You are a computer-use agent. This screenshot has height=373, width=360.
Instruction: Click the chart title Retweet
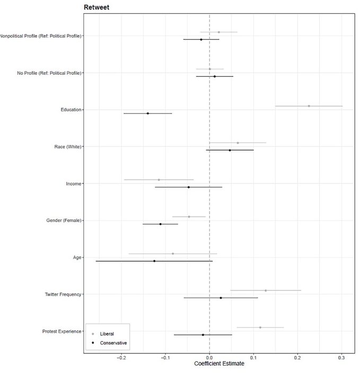pyautogui.click(x=96, y=7)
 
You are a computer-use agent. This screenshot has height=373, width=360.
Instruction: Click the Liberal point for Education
pyautogui.click(x=309, y=106)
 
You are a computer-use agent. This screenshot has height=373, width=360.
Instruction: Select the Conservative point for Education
pyautogui.click(x=147, y=113)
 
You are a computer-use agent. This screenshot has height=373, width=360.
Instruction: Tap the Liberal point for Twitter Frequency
pyautogui.click(x=266, y=290)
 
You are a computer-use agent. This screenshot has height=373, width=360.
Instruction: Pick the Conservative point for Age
pyautogui.click(x=154, y=261)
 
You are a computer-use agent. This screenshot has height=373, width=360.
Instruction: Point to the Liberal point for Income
pyautogui.click(x=159, y=180)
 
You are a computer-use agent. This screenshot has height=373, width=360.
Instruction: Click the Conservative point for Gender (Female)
pyautogui.click(x=160, y=224)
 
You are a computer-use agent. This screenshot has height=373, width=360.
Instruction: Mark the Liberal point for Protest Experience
pyautogui.click(x=260, y=327)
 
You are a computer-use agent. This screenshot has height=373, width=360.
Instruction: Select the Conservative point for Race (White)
pyautogui.click(x=230, y=150)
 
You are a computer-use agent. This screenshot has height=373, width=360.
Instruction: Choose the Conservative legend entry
pyautogui.click(x=113, y=343)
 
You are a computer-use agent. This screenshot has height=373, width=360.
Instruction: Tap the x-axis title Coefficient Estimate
pyautogui.click(x=219, y=364)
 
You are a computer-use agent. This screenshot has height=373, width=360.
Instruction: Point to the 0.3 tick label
pyautogui.click(x=341, y=357)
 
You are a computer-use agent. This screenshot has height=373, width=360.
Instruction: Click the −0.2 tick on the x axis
pyautogui.click(x=121, y=357)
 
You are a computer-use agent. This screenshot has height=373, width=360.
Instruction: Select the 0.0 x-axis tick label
pyautogui.click(x=209, y=357)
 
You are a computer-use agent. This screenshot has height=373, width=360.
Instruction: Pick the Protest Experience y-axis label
pyautogui.click(x=62, y=332)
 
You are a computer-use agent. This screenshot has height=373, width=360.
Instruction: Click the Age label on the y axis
pyautogui.click(x=77, y=257)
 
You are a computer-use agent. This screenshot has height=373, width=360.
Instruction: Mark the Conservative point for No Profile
pyautogui.click(x=214, y=76)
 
